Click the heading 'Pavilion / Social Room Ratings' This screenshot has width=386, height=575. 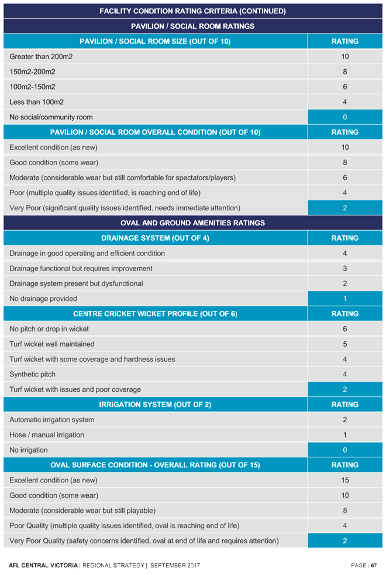192,26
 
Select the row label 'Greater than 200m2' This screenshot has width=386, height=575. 41,57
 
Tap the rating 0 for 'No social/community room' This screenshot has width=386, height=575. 344,117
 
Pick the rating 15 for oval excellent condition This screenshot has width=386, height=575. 344,480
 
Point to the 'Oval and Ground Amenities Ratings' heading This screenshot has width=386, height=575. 192,223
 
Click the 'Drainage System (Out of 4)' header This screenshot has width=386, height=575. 155,238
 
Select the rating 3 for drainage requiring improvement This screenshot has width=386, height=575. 344,269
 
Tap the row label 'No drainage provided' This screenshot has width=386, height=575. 43,299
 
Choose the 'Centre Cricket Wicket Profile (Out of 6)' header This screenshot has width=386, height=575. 155,314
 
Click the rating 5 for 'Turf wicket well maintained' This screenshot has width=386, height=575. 344,344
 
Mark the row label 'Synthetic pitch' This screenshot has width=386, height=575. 33,374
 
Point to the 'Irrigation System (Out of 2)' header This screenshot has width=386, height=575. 155,405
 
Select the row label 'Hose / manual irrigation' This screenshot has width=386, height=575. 47,435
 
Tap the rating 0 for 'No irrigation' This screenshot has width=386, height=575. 344,450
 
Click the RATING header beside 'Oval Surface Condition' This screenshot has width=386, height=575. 344,465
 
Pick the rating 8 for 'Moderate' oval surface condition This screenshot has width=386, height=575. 344,511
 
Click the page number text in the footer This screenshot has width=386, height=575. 364,566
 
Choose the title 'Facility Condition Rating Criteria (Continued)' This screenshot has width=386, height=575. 192,11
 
